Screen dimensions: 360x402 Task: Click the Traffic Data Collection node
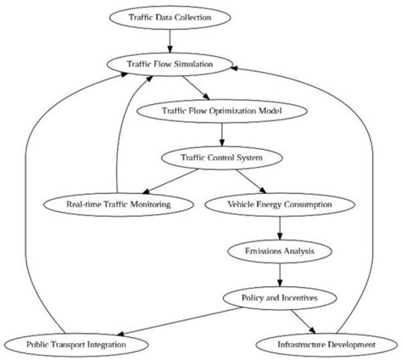(170, 16)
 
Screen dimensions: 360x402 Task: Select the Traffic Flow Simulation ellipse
(170, 64)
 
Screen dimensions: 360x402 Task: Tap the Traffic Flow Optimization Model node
(221, 110)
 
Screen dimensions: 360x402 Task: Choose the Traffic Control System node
(221, 158)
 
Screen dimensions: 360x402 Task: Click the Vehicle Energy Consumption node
(280, 204)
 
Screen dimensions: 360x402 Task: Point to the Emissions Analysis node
(280, 252)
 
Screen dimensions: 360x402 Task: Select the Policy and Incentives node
(280, 298)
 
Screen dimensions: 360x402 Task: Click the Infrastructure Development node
(327, 345)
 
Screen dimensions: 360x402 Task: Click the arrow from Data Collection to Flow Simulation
(170, 40)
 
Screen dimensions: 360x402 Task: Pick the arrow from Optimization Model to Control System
(221, 134)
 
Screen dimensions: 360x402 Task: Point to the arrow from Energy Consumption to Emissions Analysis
(280, 228)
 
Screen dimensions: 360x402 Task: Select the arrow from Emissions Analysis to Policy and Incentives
(280, 274)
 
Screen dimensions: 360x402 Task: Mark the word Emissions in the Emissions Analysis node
(262, 252)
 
